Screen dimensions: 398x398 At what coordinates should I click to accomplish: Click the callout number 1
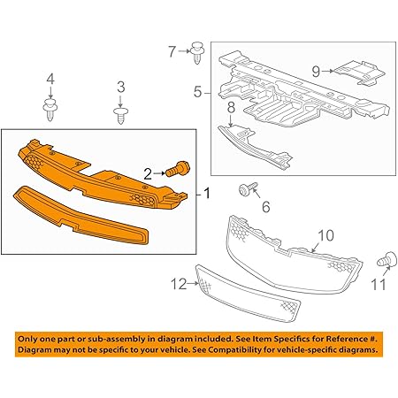point(207,192)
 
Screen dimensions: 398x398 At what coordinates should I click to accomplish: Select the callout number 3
point(120,87)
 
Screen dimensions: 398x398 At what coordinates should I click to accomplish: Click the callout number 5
point(199,90)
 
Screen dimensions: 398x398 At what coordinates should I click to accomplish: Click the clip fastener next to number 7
point(195,50)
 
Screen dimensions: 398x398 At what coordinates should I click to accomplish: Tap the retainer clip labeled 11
point(385,261)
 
